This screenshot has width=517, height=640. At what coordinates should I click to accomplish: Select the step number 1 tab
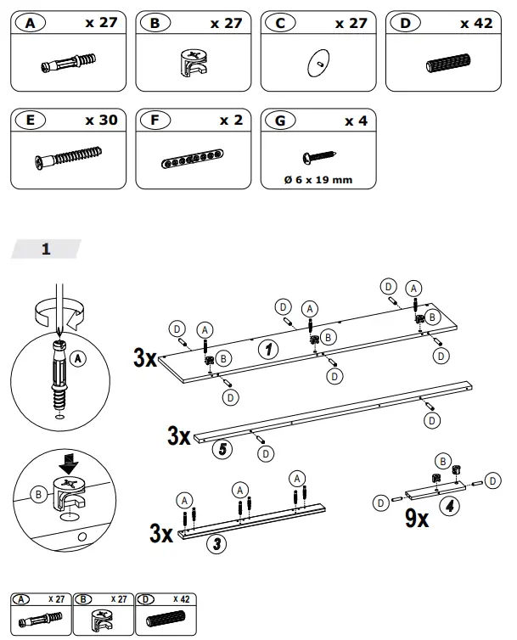pyautogui.click(x=46, y=249)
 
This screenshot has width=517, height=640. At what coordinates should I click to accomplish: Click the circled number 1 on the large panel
pyautogui.click(x=266, y=349)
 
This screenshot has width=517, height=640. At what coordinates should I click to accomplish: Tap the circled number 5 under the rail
pyautogui.click(x=222, y=449)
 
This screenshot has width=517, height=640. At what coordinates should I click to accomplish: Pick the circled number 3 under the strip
pyautogui.click(x=217, y=544)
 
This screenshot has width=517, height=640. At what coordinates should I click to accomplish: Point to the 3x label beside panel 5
pyautogui.click(x=179, y=437)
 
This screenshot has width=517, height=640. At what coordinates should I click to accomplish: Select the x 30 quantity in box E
pyautogui.click(x=101, y=120)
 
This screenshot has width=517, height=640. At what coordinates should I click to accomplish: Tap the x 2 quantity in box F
pyautogui.click(x=230, y=120)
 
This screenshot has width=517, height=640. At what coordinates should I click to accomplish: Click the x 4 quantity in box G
pyautogui.click(x=356, y=121)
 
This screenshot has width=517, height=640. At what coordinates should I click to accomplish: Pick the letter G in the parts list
pyautogui.click(x=279, y=121)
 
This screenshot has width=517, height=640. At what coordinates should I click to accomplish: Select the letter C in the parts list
pyautogui.click(x=279, y=24)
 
